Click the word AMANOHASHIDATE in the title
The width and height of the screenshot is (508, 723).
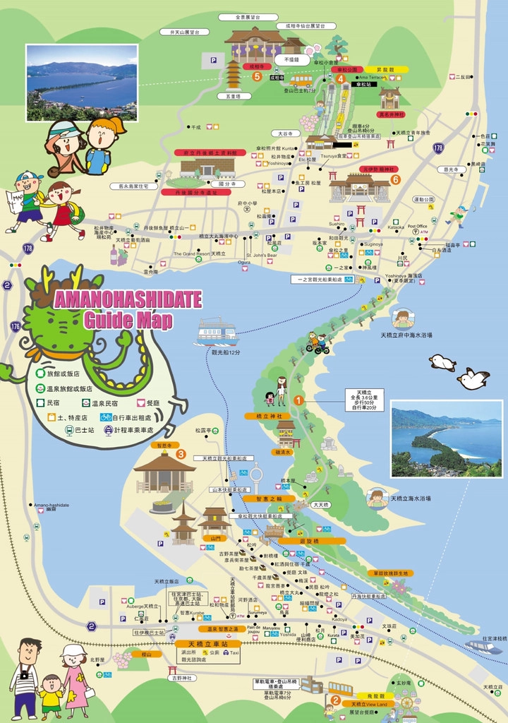pos(127,300)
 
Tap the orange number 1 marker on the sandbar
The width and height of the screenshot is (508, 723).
pos(298,400)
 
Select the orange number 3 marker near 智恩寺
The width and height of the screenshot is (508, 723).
pos(181,454)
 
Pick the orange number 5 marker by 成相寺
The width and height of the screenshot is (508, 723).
pos(257,76)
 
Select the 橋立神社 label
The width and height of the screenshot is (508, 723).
pos(263,417)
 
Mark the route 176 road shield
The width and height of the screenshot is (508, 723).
pos(15,325)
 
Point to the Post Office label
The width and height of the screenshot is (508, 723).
pos(418,227)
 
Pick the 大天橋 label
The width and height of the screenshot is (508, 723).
pos(322,505)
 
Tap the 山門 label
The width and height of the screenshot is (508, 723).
pos(216,538)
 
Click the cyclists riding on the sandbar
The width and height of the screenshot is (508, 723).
pos(317,343)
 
